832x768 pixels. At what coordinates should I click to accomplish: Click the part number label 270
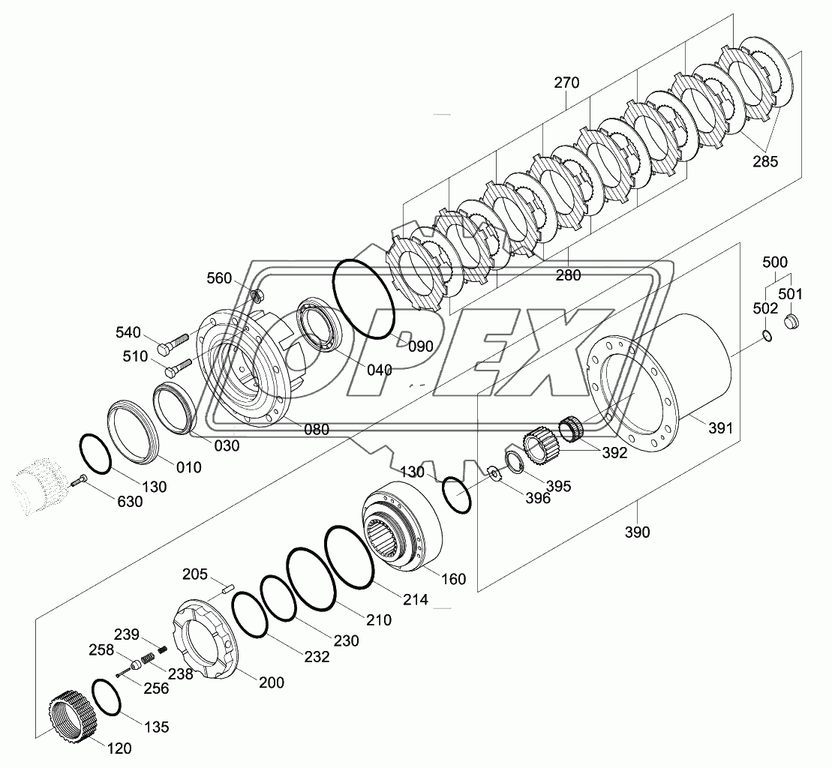coord(566,83)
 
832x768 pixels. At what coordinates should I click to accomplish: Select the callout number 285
coord(765,160)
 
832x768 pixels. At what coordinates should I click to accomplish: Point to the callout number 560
coord(220,278)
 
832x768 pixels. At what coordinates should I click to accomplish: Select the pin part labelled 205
coord(227,589)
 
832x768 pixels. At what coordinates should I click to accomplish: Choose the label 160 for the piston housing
coord(453,579)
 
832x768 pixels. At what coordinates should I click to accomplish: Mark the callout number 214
coord(415,599)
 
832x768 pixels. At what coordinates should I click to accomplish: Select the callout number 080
coord(316,430)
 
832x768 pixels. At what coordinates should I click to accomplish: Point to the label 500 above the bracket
coord(775,262)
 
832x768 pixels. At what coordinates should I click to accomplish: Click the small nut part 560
coord(256,295)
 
